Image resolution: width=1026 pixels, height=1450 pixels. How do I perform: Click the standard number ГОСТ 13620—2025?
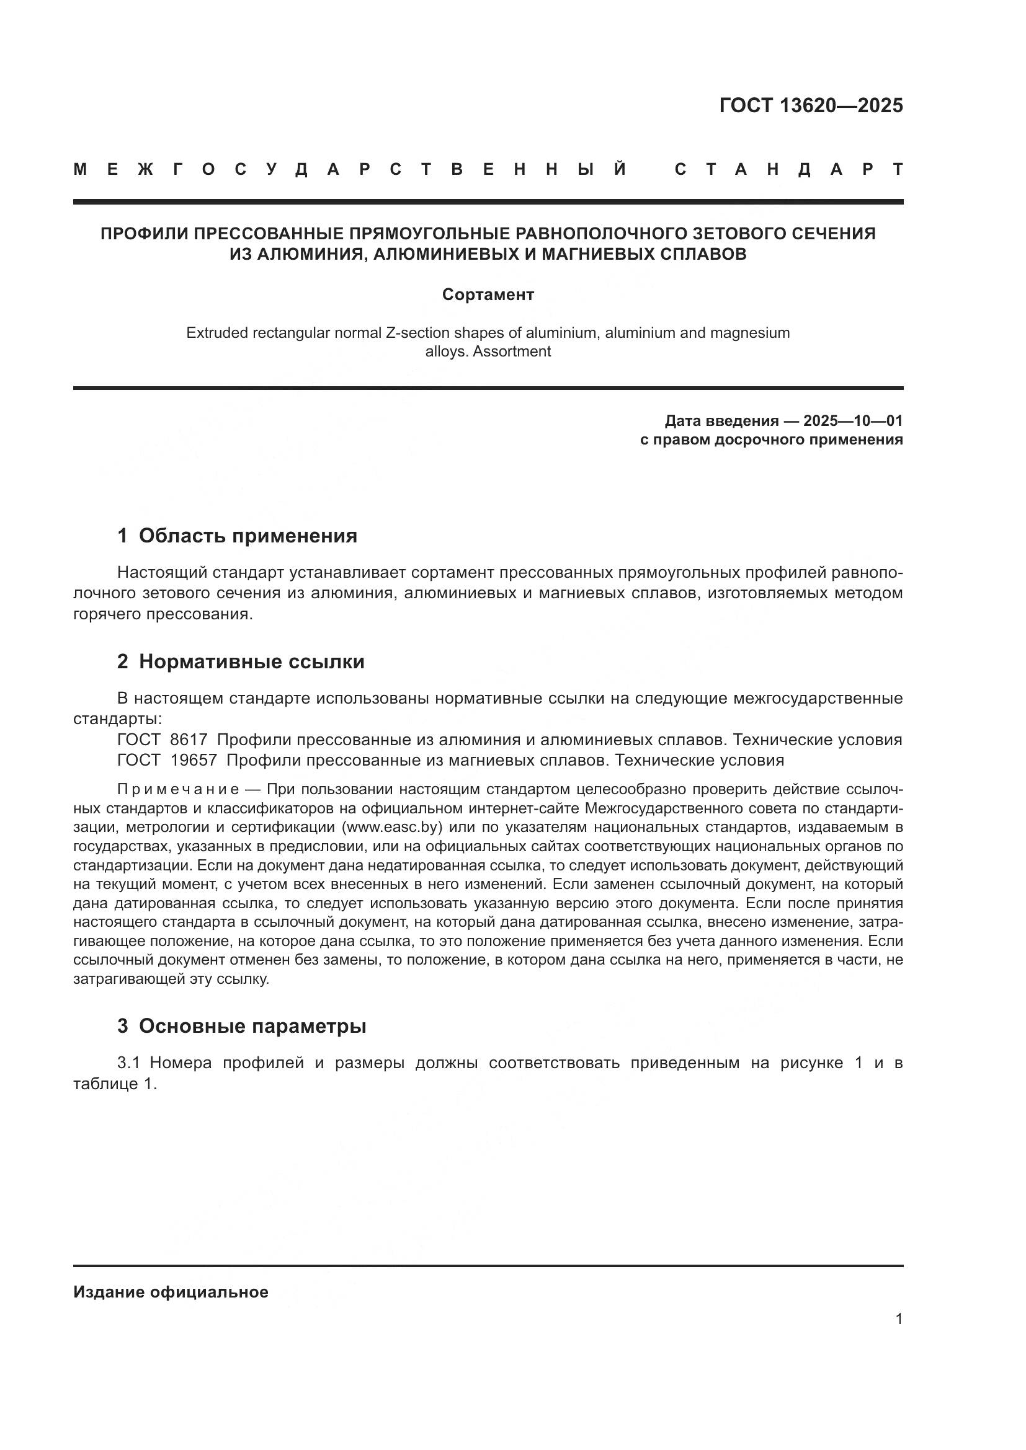811,105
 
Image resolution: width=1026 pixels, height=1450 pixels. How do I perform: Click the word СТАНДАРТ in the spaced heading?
788,170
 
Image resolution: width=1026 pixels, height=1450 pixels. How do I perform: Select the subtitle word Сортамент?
488,295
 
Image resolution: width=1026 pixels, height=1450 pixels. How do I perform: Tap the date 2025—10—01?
853,421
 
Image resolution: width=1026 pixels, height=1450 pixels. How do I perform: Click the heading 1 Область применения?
237,536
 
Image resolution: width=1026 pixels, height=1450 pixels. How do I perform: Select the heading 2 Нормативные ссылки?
241,662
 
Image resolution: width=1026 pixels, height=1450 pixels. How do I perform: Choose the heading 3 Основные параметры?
241,1026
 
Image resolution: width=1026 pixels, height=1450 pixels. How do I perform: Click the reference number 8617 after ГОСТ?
189,740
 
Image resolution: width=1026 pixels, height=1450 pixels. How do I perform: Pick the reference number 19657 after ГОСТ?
194,761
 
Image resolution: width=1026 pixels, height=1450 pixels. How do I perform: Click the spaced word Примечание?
178,790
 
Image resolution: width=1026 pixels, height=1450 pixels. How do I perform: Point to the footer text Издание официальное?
171,1293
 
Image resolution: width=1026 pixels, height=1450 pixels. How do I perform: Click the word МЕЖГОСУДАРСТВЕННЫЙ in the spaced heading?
349,170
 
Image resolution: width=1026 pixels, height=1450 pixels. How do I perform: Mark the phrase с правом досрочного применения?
771,440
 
